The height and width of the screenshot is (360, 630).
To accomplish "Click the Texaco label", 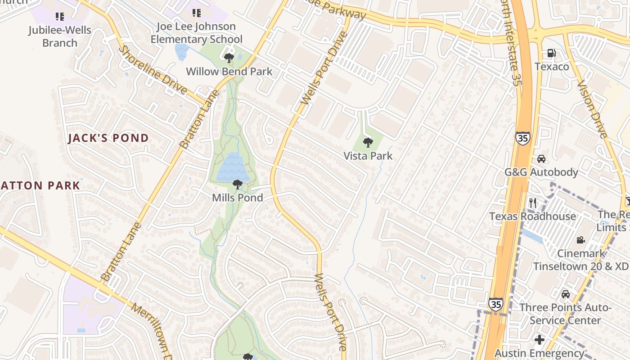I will point(552,67).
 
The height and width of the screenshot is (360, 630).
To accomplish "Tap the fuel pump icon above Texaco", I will point(551,53).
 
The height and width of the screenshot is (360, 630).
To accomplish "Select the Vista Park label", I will point(368,156).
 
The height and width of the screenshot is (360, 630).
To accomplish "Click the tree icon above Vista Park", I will point(368,143).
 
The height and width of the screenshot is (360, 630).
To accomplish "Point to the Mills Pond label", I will point(237,197).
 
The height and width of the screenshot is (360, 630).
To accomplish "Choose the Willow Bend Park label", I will point(229,71).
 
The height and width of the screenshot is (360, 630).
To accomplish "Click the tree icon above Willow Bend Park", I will point(229,58).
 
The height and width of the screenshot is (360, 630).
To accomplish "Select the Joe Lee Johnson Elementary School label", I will point(196,33).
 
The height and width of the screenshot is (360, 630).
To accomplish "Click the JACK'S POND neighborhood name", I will point(108,138).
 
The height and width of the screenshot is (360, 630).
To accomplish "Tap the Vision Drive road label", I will point(592,109).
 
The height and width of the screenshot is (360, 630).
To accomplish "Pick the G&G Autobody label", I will point(541,172).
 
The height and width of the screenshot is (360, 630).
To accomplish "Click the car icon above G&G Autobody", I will point(541,159).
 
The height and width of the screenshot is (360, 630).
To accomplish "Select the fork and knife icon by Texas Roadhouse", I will point(533,203).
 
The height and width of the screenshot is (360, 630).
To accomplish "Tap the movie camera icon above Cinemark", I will point(580,240).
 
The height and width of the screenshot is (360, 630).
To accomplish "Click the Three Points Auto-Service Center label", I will point(565,314).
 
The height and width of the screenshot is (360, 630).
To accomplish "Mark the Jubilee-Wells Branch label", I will point(60,36).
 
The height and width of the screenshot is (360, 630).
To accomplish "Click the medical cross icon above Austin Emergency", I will point(540,340).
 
